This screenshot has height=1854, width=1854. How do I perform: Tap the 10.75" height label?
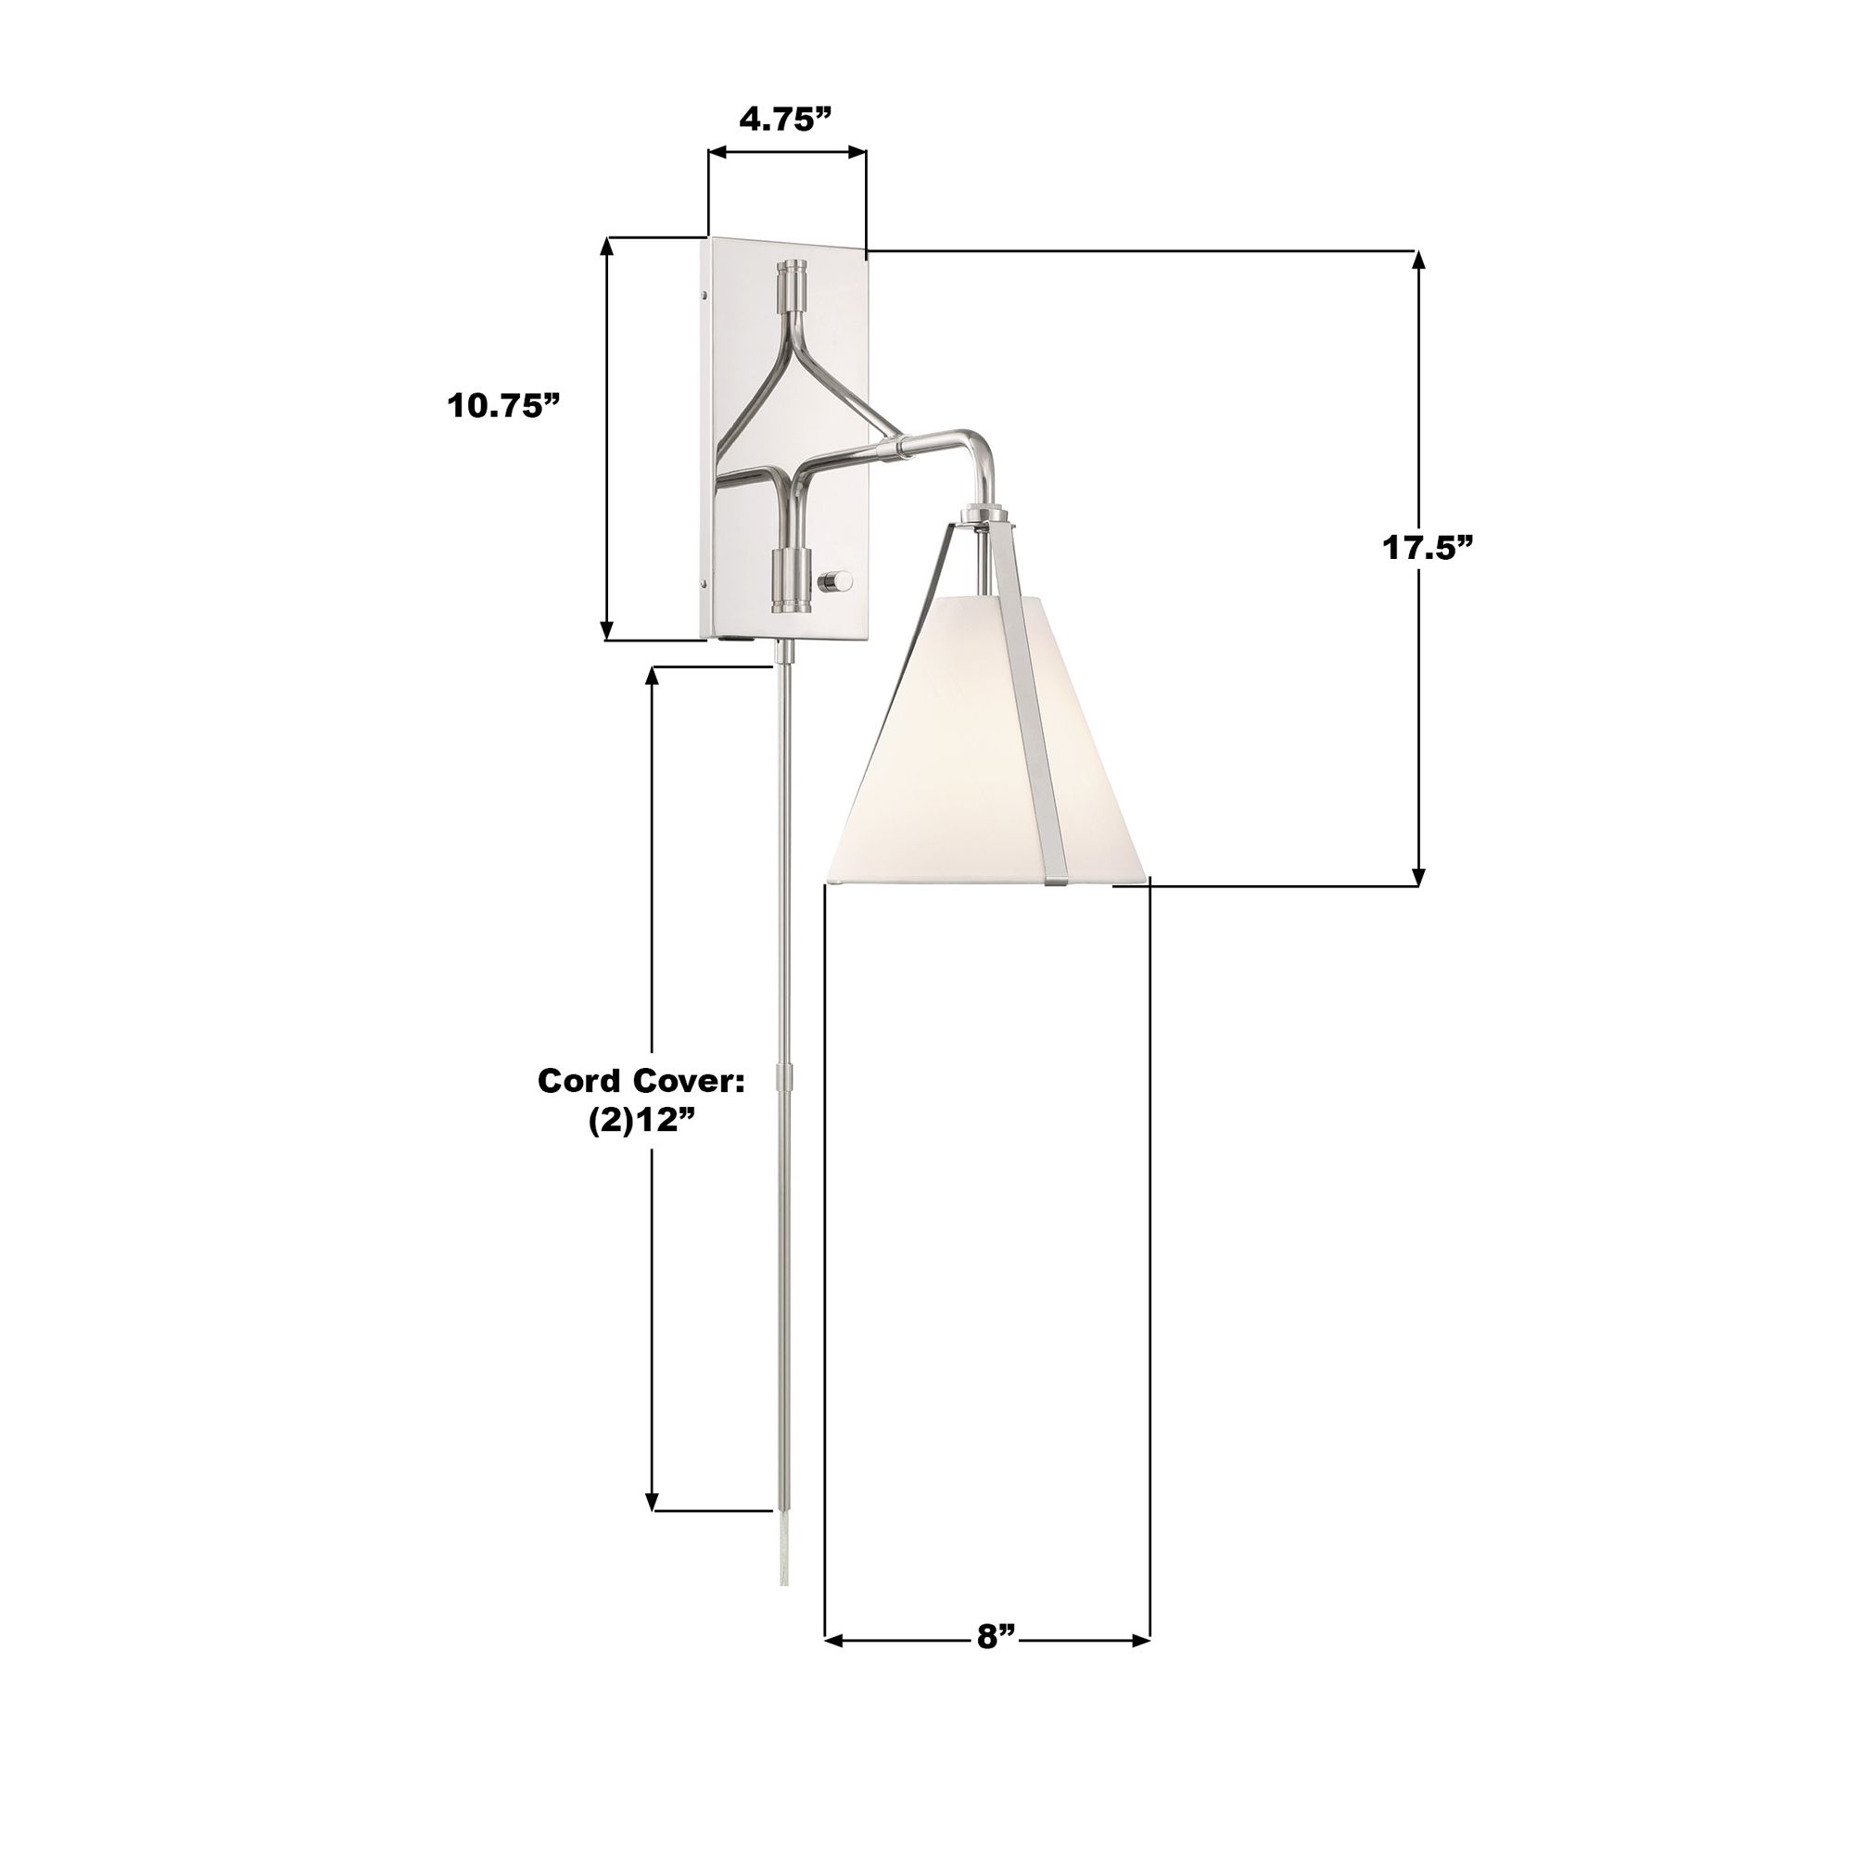pyautogui.click(x=502, y=406)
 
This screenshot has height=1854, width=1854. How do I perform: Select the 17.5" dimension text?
pyautogui.click(x=1427, y=548)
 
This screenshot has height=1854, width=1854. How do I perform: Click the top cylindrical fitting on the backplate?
pyautogui.click(x=793, y=285)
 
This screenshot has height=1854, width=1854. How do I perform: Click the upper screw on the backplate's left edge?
pyautogui.click(x=705, y=295)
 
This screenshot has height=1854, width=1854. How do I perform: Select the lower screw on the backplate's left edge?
pyautogui.click(x=705, y=582)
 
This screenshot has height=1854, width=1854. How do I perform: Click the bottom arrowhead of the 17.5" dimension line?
pyautogui.click(x=1418, y=876)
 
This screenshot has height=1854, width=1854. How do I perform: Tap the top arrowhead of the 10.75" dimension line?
pyautogui.click(x=606, y=246)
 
